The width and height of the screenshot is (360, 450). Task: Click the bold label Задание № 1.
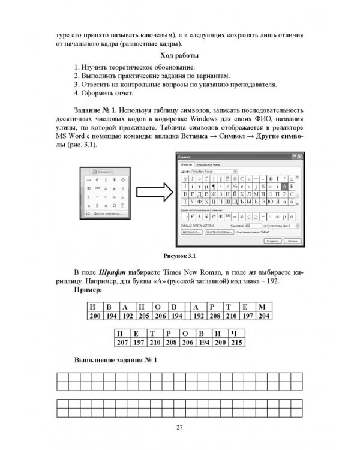coord(94,111)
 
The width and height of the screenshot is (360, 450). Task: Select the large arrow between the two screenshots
coord(151,194)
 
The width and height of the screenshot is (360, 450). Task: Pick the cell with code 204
coord(263,316)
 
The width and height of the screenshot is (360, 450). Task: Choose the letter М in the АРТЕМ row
coord(263,306)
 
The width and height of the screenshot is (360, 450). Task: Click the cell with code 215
coord(237,341)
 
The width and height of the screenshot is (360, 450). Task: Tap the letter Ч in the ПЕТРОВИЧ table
coord(237,332)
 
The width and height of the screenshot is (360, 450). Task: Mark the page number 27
coord(179,427)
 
